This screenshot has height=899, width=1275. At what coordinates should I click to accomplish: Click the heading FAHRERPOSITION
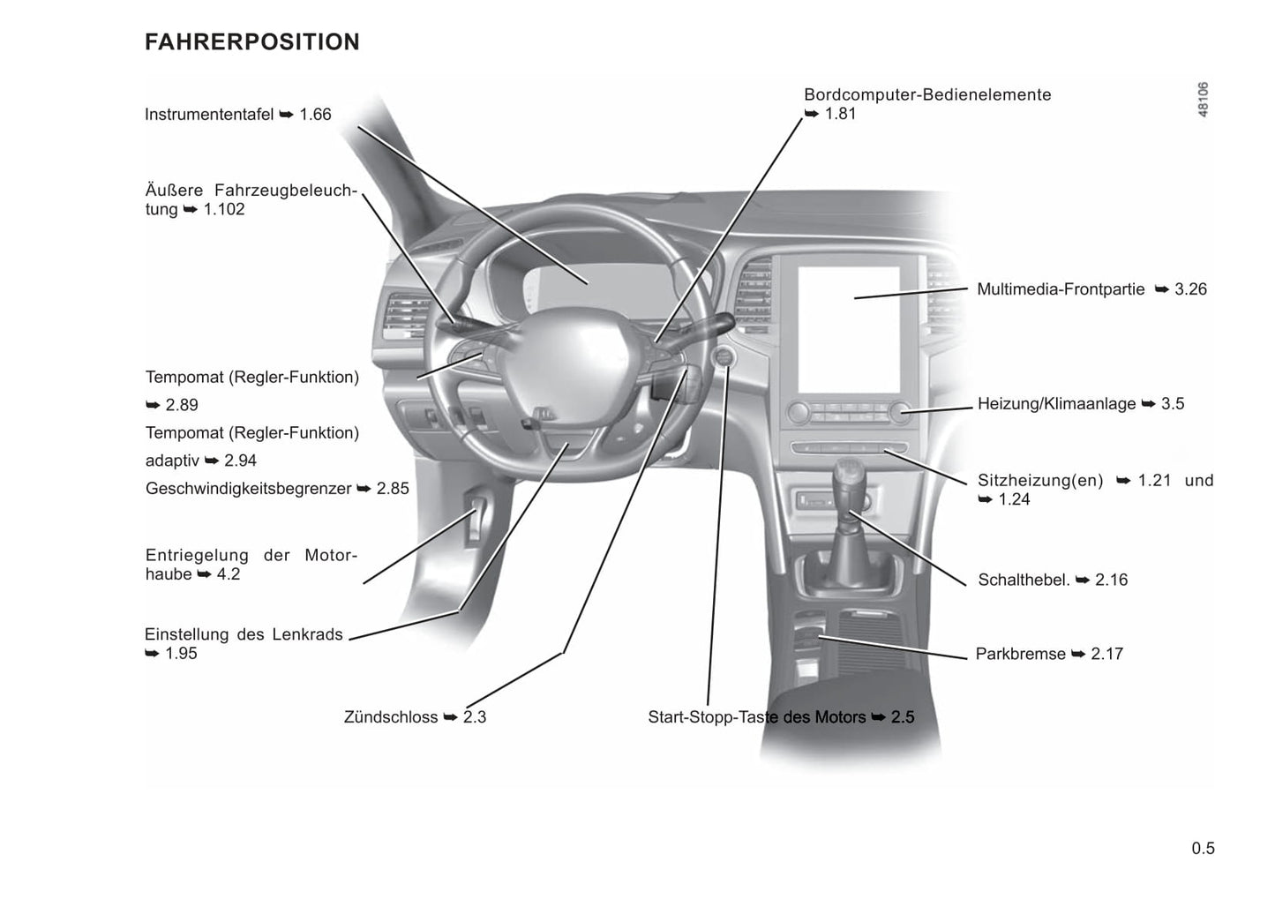point(252,42)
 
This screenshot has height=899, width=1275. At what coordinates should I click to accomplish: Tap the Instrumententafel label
point(209,115)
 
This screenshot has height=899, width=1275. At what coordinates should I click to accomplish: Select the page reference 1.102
point(224,210)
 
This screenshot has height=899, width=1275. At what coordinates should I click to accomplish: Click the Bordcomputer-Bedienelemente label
point(927,95)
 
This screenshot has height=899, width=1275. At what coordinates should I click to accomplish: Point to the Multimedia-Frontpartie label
point(1061,289)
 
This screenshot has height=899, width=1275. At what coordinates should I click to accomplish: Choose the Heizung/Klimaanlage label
point(1056,404)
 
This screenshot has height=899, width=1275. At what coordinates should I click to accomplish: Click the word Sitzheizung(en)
point(1040,481)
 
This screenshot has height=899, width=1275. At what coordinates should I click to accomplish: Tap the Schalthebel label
point(1024,581)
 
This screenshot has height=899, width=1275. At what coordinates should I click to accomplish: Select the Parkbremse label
point(1020,655)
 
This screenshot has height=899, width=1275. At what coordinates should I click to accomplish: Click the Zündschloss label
point(391,717)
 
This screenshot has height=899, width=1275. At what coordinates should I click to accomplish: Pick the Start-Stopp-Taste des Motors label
point(756,717)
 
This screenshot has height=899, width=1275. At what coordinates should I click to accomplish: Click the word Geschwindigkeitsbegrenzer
point(249,489)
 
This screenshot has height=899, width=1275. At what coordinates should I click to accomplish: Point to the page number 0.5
point(1203,849)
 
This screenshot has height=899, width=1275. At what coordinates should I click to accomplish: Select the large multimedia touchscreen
point(849,330)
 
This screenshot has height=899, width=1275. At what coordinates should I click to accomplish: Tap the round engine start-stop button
point(724,358)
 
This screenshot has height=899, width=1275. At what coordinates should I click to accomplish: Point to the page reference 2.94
point(240,461)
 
